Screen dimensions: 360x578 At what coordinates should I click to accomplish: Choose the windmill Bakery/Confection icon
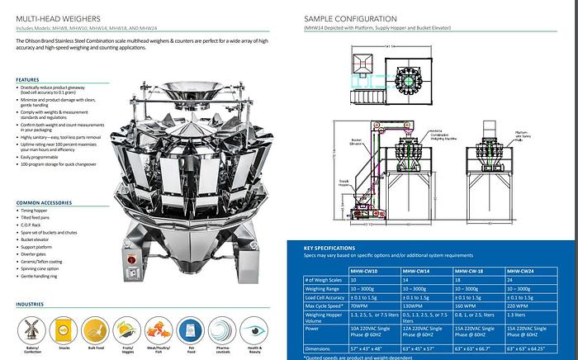[x=33, y=329]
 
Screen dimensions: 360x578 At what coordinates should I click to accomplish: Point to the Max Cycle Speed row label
[x=325, y=306]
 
